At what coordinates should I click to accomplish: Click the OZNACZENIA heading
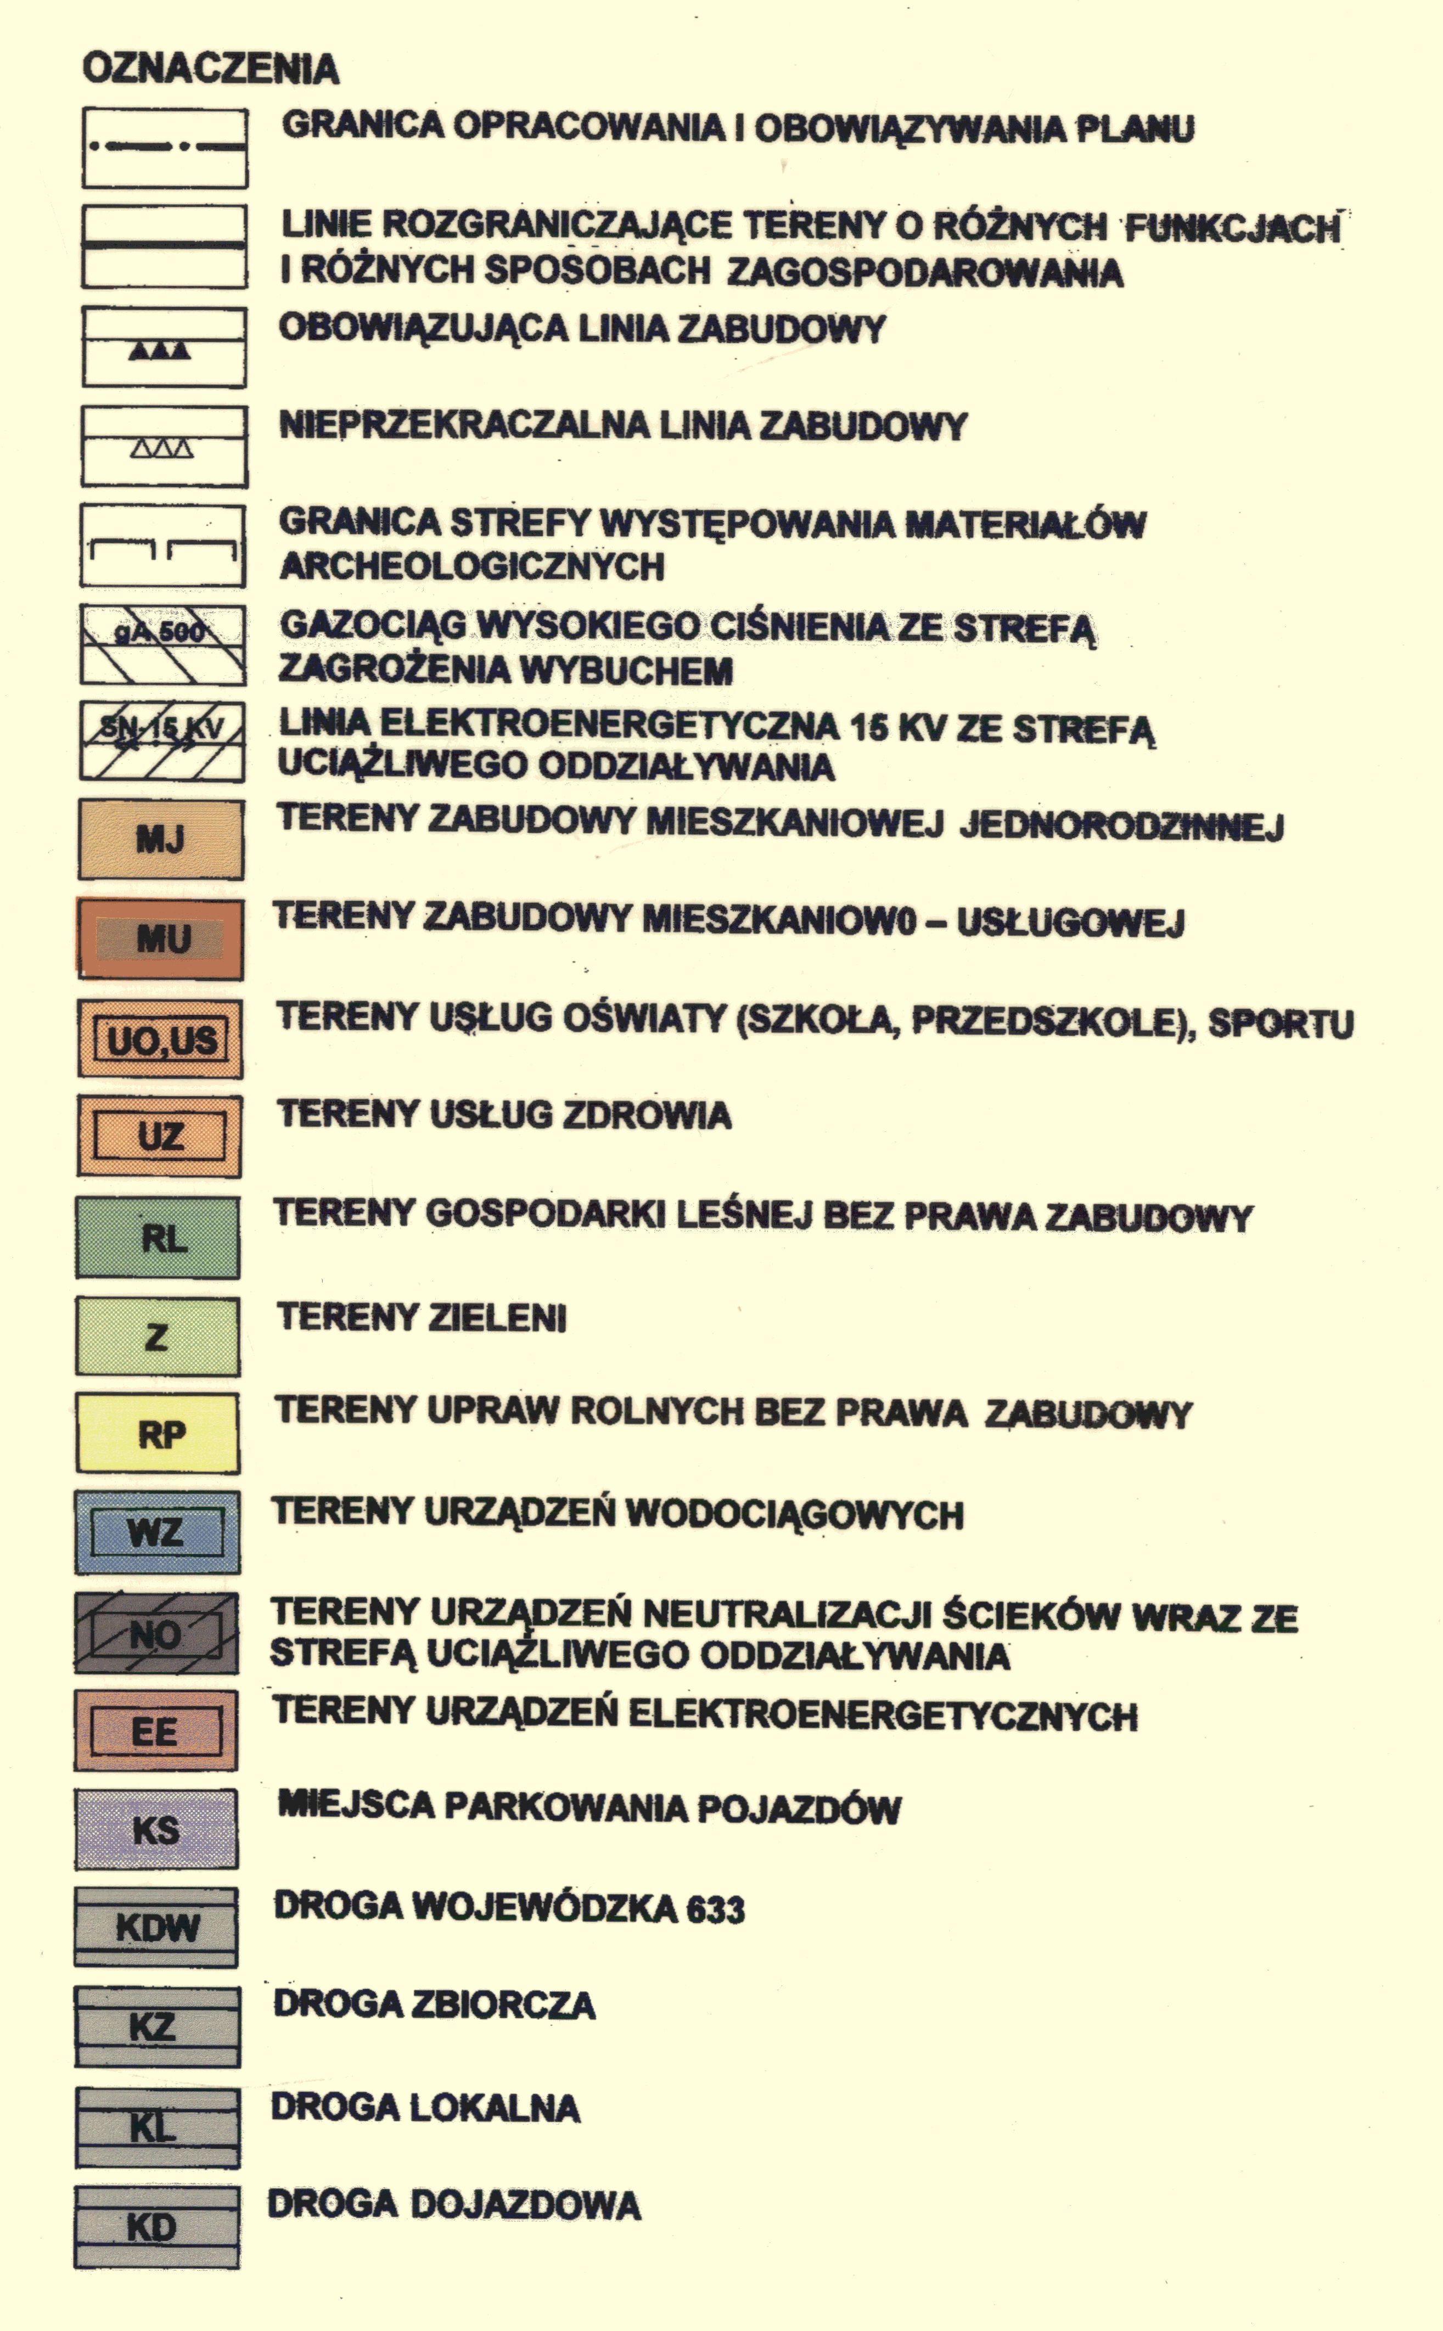[211, 69]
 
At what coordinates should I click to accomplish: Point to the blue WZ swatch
[158, 1532]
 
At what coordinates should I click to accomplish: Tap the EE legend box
[155, 1731]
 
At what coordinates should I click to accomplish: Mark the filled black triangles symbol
[160, 351]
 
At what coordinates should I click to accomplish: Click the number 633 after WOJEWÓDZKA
[716, 1909]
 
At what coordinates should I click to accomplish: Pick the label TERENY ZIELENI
[422, 1318]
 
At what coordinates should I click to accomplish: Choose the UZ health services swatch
[159, 1136]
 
